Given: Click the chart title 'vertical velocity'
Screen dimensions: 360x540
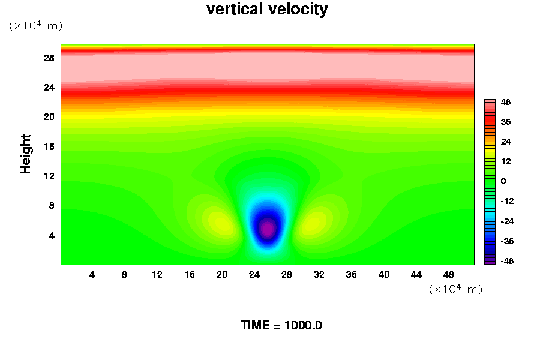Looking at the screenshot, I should [267, 10].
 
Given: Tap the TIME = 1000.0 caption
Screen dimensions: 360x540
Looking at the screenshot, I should [281, 325].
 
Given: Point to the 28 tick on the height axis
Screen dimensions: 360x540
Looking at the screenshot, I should [49, 58].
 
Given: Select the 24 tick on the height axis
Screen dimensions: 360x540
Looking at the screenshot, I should [49, 87].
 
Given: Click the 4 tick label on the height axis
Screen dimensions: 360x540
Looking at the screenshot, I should [52, 235].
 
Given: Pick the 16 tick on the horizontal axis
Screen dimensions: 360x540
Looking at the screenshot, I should [190, 274].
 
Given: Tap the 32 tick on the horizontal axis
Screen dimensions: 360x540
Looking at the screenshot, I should [319, 274].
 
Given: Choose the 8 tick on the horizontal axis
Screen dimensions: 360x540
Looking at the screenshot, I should [124, 274].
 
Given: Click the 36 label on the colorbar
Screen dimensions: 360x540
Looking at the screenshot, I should [506, 122].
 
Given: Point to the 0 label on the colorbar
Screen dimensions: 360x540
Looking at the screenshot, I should [503, 181].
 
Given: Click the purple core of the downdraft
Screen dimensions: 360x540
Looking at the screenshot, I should [267, 228].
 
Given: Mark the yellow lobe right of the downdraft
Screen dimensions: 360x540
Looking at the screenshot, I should [314, 223].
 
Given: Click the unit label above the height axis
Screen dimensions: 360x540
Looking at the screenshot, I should [35, 26].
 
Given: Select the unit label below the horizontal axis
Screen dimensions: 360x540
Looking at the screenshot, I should [455, 289].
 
